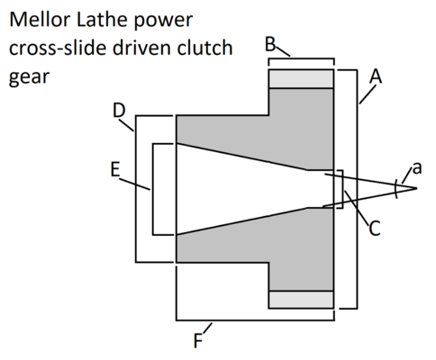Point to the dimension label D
point(121,111)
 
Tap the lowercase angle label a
point(415,167)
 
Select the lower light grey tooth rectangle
point(301,300)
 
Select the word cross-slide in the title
point(53,49)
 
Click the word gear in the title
point(27,77)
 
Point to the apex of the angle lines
point(416,188)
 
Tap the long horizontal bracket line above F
point(258,319)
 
